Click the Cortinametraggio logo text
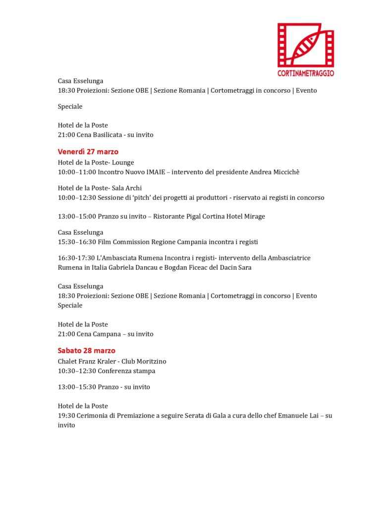pos(306,73)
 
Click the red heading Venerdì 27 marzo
pos(88,152)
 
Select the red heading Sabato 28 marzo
pos(86,350)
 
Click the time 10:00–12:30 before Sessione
pos(77,197)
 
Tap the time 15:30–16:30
pos(77,242)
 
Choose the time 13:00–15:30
pos(77,386)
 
